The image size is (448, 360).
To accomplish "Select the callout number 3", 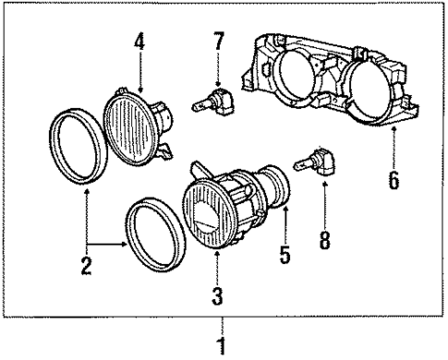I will coord(215,296).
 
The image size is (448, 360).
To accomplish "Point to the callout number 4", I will coord(140,42).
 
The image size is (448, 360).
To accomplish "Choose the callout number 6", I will coord(394,179).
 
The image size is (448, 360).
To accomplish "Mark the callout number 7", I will coord(218,42).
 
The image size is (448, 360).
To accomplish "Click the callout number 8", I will coord(324,240).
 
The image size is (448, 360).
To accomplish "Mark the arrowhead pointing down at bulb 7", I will coord(218,81).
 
